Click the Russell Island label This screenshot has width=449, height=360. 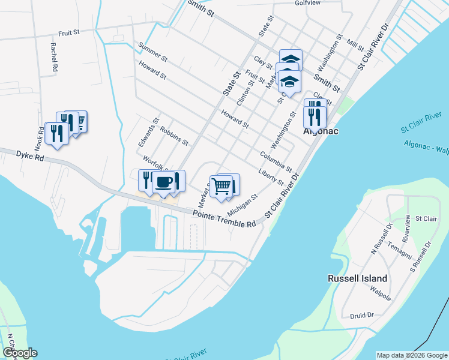[x=357, y=278]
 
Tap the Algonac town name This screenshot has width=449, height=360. [x=318, y=130]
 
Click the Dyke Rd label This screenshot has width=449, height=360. [x=31, y=157]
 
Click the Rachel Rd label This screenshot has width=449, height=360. [x=53, y=57]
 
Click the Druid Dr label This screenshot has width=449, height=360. [x=362, y=314]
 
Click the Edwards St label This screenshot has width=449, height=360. [x=148, y=133]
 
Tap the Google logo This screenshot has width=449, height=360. [x=20, y=353]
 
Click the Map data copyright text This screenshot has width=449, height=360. [x=411, y=355]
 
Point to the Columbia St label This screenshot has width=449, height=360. [x=276, y=161]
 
